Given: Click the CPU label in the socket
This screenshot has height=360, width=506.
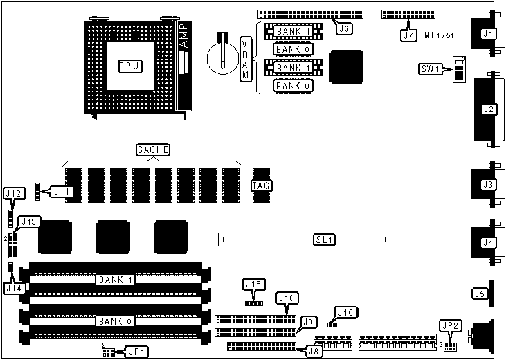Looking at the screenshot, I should pyautogui.click(x=129, y=66).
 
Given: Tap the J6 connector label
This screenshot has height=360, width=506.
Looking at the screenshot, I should pyautogui.click(x=344, y=28).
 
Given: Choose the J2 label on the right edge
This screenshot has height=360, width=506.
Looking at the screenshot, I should pyautogui.click(x=489, y=109).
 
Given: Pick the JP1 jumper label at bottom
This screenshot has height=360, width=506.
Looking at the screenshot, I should pyautogui.click(x=134, y=351).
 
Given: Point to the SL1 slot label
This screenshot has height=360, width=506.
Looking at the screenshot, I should pyautogui.click(x=324, y=240).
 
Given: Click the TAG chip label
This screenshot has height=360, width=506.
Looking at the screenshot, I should pyautogui.click(x=261, y=186).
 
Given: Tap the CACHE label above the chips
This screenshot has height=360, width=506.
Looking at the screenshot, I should pyautogui.click(x=152, y=150).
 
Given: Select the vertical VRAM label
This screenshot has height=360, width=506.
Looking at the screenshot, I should pyautogui.click(x=245, y=60).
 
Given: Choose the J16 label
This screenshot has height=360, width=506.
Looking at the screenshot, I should pyautogui.click(x=345, y=313).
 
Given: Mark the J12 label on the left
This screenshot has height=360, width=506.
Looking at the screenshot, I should pyautogui.click(x=14, y=193).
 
